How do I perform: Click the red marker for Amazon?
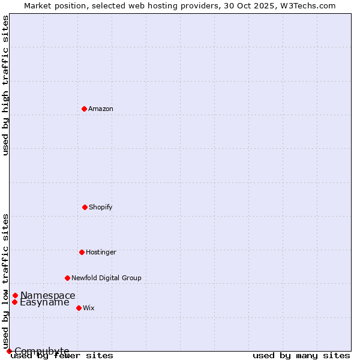tap(84, 109)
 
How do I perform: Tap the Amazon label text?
tap(101, 109)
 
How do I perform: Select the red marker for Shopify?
tap(85, 207)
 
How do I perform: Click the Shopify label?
tap(101, 208)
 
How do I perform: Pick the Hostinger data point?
tap(82, 252)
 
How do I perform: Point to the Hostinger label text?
tap(101, 253)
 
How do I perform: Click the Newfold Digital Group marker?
tap(67, 278)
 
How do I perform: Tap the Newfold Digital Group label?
tap(106, 278)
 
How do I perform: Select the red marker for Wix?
tap(79, 308)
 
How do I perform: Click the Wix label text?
tap(89, 308)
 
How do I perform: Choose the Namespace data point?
tap(15, 295)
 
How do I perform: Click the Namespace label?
tap(48, 295)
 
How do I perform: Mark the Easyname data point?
tap(14, 302)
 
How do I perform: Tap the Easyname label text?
tap(44, 302)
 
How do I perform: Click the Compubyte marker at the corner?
tap(9, 351)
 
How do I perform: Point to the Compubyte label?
tap(42, 351)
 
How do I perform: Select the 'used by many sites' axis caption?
tap(301, 356)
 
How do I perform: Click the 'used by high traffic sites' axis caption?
tap(5, 85)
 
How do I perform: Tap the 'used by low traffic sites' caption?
tap(5, 281)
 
